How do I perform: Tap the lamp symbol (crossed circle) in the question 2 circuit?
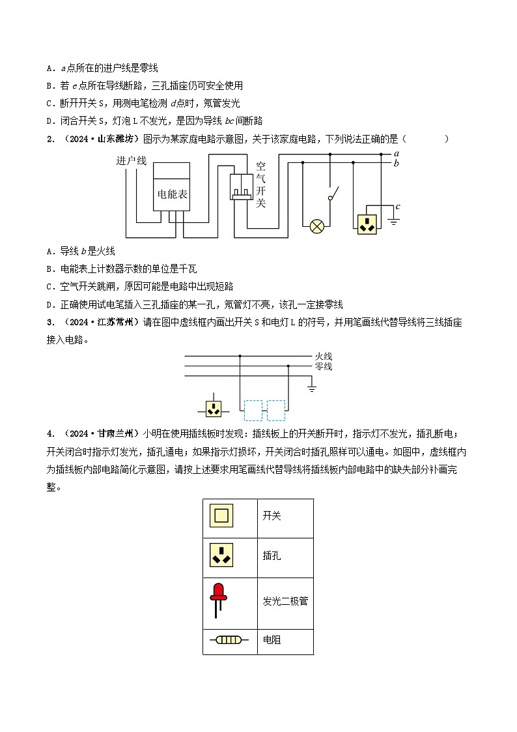click(317, 226)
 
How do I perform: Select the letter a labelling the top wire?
click(397, 153)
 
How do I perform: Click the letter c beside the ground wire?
click(397, 207)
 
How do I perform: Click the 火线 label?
click(324, 356)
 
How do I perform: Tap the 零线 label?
click(324, 366)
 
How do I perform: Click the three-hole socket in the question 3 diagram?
click(214, 409)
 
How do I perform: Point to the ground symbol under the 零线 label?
click(312, 389)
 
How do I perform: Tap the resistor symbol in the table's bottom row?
click(229, 640)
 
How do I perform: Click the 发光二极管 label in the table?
click(285, 601)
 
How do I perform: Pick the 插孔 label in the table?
click(272, 556)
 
